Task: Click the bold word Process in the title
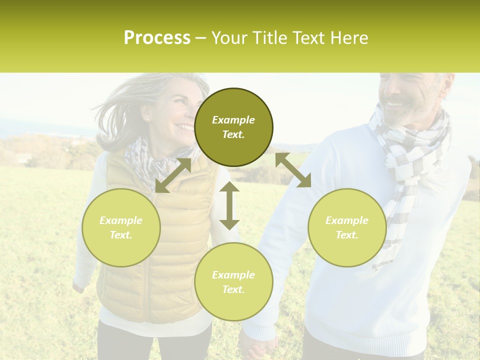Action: click(157, 38)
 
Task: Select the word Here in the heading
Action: click(348, 38)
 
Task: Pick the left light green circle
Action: click(121, 227)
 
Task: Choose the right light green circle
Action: click(347, 227)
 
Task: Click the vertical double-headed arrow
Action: click(229, 205)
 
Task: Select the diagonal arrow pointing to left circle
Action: click(173, 175)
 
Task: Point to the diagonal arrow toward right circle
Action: click(293, 170)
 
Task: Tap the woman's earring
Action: click(148, 119)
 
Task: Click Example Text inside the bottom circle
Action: click(233, 282)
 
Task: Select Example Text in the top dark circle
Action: click(233, 127)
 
